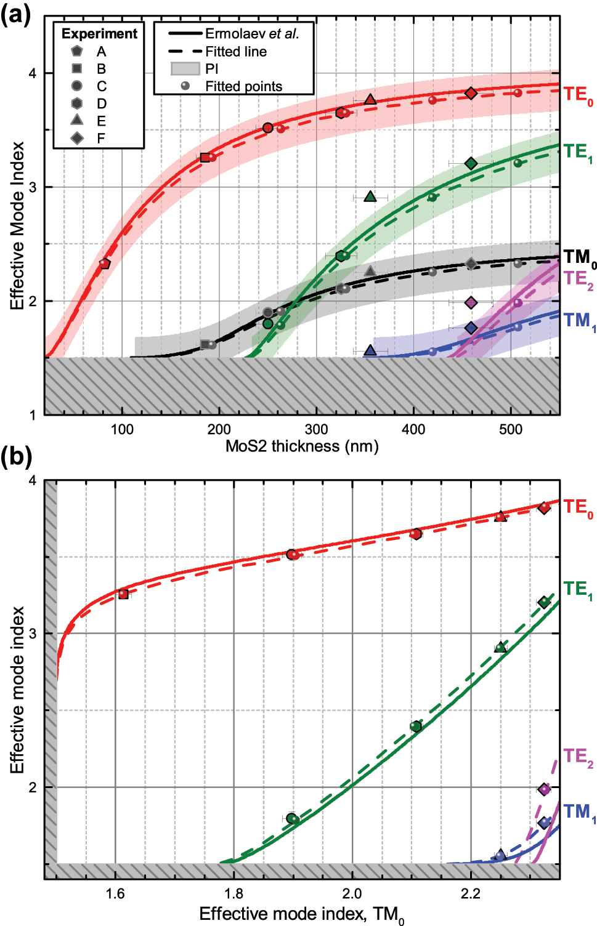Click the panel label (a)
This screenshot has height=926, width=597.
tap(15, 14)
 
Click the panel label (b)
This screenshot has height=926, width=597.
tap(15, 457)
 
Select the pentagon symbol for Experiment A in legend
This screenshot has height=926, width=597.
tap(77, 51)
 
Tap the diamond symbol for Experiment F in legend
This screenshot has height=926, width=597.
tap(77, 138)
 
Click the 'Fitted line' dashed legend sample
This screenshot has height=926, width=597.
tap(185, 52)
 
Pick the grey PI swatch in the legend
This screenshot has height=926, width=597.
tap(185, 68)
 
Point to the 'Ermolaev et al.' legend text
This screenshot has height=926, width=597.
tap(252, 34)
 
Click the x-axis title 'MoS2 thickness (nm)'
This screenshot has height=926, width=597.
tap(302, 446)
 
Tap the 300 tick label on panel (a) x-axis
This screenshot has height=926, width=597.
tap(316, 429)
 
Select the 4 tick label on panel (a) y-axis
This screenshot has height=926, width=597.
tap(33, 73)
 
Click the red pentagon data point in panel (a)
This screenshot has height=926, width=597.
tap(105, 264)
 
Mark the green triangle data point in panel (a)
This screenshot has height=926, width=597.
tap(370, 196)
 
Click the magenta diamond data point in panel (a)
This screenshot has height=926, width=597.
tap(471, 302)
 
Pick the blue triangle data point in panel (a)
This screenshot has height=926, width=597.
tap(370, 350)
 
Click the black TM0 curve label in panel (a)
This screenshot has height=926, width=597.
tap(579, 257)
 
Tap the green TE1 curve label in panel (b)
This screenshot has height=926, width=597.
tap(578, 590)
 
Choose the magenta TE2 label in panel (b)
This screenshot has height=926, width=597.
tap(578, 757)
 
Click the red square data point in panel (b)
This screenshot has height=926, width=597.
tap(123, 594)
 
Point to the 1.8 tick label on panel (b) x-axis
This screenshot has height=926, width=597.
tap(234, 893)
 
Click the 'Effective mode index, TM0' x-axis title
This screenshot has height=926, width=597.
tap(302, 914)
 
